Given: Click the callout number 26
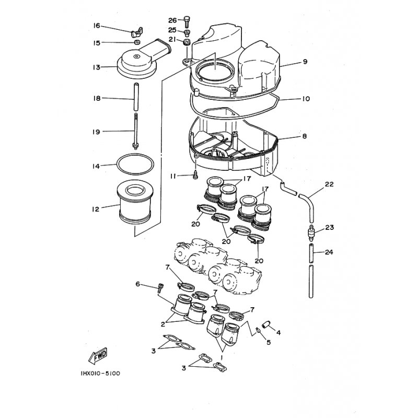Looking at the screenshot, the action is [x=172, y=20].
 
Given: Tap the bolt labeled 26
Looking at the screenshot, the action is [x=187, y=21].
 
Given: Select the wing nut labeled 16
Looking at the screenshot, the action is [x=137, y=33].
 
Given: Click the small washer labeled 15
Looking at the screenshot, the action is [x=137, y=42].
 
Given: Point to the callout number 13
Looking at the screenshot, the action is [x=97, y=67].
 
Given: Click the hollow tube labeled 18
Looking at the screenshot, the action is [x=136, y=97].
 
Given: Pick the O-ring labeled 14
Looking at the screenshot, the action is [x=135, y=164].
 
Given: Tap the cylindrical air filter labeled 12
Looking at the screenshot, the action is [x=135, y=202].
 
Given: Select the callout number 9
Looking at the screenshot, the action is [x=305, y=62].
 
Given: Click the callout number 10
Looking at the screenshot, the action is [x=306, y=99].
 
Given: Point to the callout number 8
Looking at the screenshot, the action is [x=305, y=136].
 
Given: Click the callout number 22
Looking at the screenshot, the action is [x=329, y=184].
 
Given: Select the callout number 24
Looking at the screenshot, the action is [x=329, y=252].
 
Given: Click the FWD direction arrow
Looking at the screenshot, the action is [x=98, y=356].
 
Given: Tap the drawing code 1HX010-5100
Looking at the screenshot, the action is [x=100, y=373].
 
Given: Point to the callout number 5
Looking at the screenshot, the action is [x=269, y=342].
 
